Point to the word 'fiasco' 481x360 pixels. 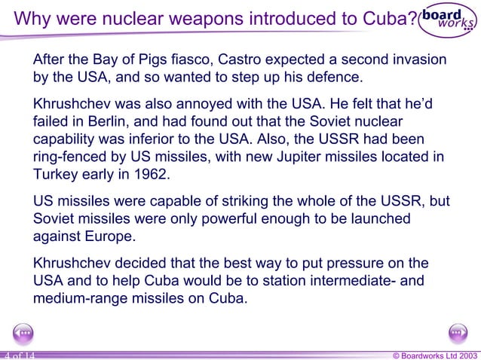220,59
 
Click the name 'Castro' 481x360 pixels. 272,59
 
